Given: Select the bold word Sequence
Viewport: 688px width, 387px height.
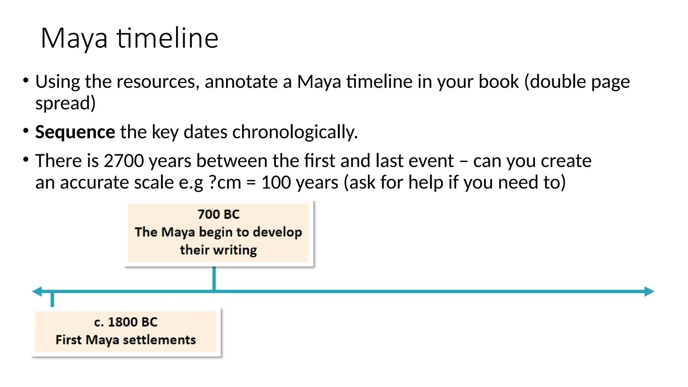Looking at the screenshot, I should (x=75, y=132).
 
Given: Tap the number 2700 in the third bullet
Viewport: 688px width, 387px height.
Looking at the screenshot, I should (x=124, y=161).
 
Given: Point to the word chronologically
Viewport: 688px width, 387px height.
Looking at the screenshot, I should (x=295, y=132).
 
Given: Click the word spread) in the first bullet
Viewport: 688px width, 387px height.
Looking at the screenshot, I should (x=66, y=103).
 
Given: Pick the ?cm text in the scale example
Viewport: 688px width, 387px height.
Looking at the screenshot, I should (x=225, y=183).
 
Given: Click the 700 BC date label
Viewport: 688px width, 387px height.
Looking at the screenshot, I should (x=218, y=214).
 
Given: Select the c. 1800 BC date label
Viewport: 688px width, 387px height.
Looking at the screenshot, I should (x=126, y=322).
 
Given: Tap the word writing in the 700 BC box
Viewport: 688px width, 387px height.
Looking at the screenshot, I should (x=235, y=250).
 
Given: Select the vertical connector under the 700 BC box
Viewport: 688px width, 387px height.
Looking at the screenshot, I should (x=214, y=278).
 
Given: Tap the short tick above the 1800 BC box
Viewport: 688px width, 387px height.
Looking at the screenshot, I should (x=52, y=299).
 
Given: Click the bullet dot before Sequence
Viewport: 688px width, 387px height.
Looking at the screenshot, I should (x=26, y=131).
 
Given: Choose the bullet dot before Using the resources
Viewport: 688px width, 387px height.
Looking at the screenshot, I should (x=26, y=80).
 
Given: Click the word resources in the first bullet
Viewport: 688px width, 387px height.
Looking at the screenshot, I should (x=156, y=82).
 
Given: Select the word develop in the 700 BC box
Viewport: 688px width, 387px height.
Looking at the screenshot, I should (x=277, y=232).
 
